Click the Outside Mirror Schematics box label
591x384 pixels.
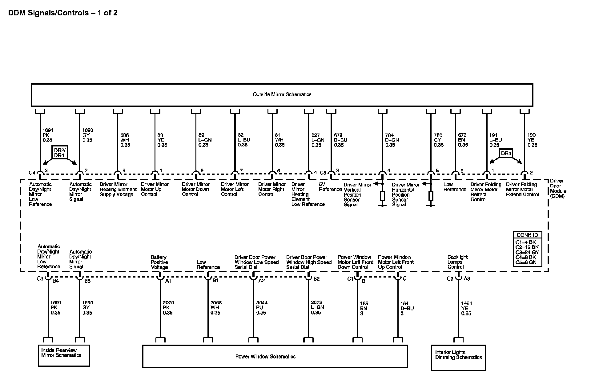(x=282, y=94)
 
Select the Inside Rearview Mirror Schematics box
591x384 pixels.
(x=64, y=355)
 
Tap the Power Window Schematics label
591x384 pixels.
(x=265, y=357)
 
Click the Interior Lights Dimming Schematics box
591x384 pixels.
(x=458, y=357)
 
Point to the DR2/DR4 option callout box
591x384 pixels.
(x=60, y=153)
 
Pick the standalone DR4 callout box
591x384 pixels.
(x=506, y=154)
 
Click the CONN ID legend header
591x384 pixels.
(x=527, y=235)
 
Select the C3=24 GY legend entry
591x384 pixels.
(x=527, y=252)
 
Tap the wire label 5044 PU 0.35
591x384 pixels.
(x=262, y=308)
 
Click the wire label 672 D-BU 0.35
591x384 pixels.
(x=340, y=140)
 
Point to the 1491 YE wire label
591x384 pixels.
(x=466, y=308)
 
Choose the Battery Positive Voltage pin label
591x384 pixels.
(x=159, y=262)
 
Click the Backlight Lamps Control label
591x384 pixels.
(x=457, y=262)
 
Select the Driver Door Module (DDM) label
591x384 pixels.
(x=558, y=188)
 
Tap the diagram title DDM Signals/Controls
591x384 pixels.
(x=63, y=13)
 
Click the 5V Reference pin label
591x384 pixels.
(x=330, y=187)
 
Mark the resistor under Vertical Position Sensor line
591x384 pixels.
(x=382, y=196)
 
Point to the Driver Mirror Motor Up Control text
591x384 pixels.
(x=155, y=189)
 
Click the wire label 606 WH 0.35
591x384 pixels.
(x=125, y=140)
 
